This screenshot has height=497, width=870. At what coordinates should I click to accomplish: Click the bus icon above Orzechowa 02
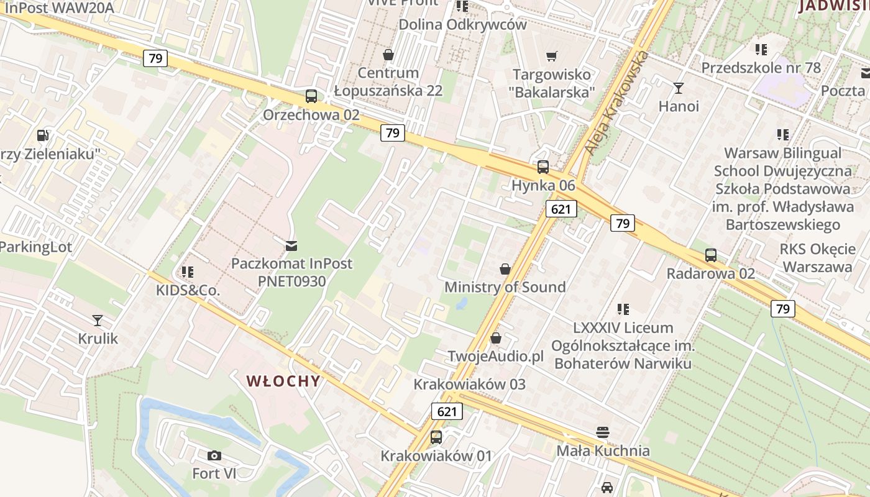[x=311, y=96]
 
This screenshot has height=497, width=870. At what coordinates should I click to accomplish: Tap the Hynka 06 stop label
[x=543, y=185]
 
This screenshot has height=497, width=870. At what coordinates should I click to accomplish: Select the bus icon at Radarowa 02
[x=711, y=255]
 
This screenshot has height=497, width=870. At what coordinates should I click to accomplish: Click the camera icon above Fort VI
[x=214, y=455]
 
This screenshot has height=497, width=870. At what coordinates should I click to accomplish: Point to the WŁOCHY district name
[x=283, y=381]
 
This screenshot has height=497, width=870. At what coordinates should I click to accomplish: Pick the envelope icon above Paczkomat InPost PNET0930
[x=291, y=245]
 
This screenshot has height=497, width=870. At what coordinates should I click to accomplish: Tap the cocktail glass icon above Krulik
[x=98, y=321]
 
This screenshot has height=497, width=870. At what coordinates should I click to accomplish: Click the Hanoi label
[x=679, y=106]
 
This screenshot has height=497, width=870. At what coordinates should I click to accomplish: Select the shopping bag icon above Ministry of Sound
[x=505, y=269]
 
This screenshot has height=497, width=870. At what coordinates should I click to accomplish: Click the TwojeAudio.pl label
[x=496, y=357]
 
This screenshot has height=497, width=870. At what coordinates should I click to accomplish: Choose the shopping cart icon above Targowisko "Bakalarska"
[x=551, y=57]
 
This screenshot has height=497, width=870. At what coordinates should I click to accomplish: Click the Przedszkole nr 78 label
[x=761, y=67]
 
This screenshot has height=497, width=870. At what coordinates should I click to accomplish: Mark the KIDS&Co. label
[x=188, y=290]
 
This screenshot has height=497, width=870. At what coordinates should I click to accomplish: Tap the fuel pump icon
[x=42, y=135]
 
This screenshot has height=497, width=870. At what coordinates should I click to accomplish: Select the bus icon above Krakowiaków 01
[x=436, y=437]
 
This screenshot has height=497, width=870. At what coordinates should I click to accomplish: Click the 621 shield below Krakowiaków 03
[x=447, y=411]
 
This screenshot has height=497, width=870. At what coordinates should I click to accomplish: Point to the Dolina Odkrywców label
[x=462, y=25]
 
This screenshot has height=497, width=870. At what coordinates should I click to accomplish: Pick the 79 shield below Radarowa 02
[x=783, y=308]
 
